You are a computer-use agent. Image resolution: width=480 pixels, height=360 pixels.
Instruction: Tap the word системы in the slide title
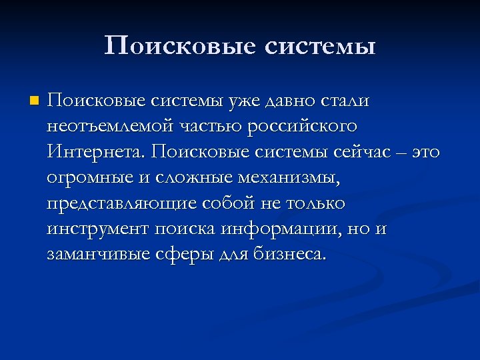pos(320,47)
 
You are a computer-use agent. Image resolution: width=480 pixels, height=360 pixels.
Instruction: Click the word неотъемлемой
pos(105,127)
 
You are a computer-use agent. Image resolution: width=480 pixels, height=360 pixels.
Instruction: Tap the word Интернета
pos(95,152)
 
